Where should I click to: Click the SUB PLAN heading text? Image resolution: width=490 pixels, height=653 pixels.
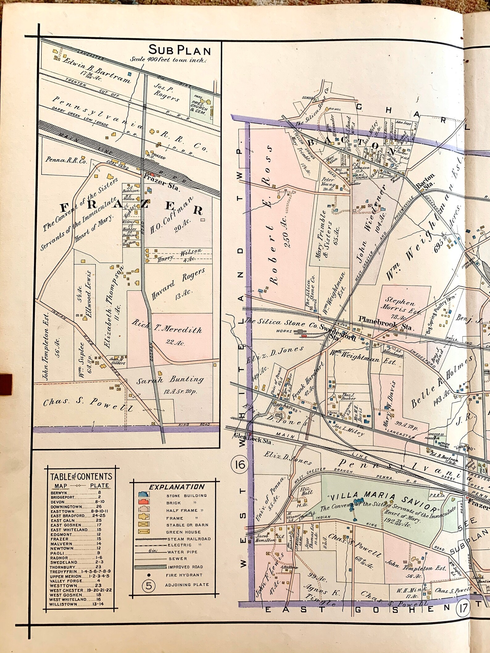180,50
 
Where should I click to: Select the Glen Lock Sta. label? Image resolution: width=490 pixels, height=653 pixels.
252,442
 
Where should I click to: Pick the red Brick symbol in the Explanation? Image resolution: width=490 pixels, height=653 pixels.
144,502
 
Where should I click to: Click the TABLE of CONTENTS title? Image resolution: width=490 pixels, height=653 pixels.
81,477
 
